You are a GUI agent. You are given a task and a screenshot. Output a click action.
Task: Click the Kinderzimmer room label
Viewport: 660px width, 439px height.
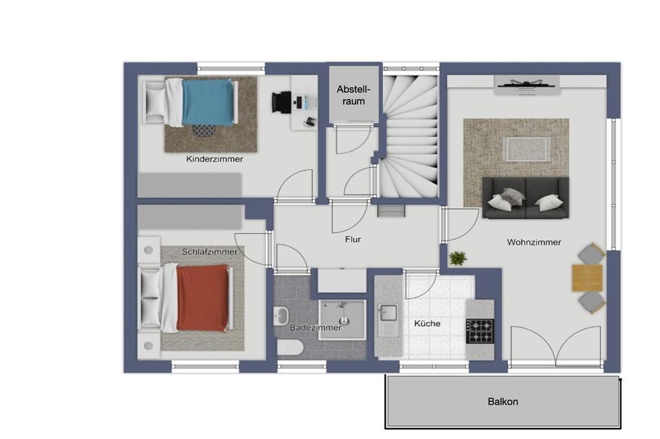tap(214, 159)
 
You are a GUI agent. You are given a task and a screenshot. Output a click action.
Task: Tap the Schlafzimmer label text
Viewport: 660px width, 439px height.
tap(210, 252)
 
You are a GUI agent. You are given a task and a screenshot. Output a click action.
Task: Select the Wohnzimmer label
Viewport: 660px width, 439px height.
tap(533, 242)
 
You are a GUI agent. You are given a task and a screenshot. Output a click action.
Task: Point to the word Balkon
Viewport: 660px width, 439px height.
tap(503, 402)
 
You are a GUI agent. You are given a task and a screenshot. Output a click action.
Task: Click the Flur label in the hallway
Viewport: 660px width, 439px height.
tap(353, 240)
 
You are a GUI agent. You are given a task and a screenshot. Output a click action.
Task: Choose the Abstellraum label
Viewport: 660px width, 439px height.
tap(354, 95)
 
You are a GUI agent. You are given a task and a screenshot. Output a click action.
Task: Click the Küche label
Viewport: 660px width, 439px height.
tap(427, 324)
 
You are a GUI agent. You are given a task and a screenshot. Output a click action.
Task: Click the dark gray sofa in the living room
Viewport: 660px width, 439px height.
tap(525, 198)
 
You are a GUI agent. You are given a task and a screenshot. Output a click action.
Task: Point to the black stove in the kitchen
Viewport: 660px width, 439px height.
tap(479, 330)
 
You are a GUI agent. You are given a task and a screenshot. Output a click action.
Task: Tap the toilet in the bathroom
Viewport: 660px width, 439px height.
tap(290, 348)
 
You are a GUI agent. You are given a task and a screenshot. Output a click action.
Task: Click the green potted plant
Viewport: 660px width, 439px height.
tap(457, 258)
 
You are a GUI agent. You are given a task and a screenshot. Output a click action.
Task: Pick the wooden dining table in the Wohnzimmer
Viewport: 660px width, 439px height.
tap(587, 278)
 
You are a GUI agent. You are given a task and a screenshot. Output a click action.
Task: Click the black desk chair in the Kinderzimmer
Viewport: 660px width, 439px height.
tap(281, 102)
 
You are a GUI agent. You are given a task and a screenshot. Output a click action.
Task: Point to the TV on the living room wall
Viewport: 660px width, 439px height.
tap(526, 84)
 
